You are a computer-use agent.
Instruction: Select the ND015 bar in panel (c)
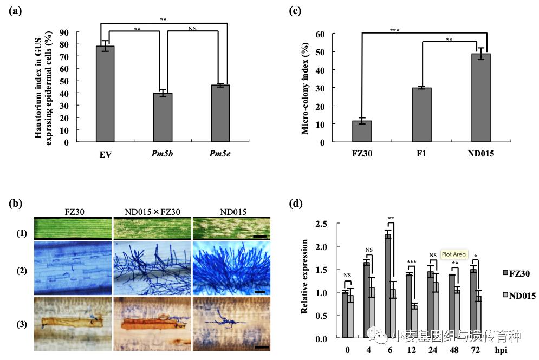[x=480, y=97]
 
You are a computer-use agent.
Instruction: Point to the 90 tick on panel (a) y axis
[x=65, y=32]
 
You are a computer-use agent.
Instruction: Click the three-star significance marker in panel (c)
[x=394, y=30]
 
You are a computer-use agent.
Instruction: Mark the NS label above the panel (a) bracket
[x=192, y=28]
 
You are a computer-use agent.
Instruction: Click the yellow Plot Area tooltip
[x=453, y=254]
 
